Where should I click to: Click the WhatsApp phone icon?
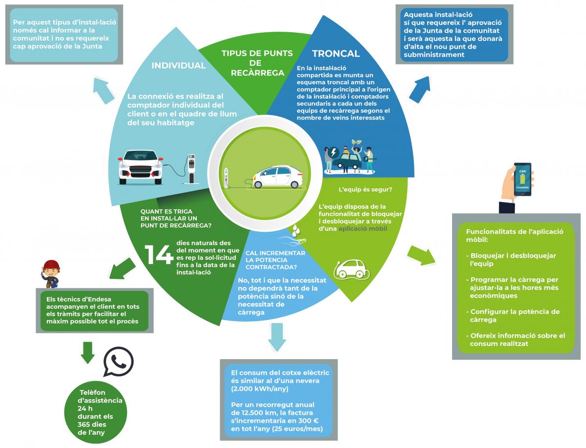pyautogui.click(x=118, y=361)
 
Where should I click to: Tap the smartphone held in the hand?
pyautogui.click(x=523, y=179)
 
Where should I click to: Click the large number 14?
pyautogui.click(x=159, y=255)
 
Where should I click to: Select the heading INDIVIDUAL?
pyautogui.click(x=179, y=66)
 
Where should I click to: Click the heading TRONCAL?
pyautogui.click(x=336, y=54)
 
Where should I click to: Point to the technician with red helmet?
pyautogui.click(x=51, y=274)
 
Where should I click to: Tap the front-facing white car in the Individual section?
pyautogui.click(x=141, y=167)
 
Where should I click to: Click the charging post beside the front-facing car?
pyautogui.click(x=191, y=169)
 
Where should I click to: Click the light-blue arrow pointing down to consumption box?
pyautogui.click(x=277, y=337)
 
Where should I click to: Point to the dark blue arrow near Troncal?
pyautogui.click(x=420, y=89)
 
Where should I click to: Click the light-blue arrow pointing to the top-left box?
pyautogui.click(x=104, y=90)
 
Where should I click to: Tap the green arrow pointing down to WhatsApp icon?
pyautogui.click(x=87, y=352)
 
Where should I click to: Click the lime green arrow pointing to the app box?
pyautogui.click(x=421, y=255)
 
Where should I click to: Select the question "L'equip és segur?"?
pyautogui.click(x=365, y=189)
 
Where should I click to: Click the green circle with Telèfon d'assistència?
pyautogui.click(x=96, y=412)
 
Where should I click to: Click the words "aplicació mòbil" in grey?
pyautogui.click(x=362, y=229)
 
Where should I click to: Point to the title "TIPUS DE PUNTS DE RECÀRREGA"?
pyautogui.click(x=257, y=63)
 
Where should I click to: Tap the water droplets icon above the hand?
pyautogui.click(x=295, y=230)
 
